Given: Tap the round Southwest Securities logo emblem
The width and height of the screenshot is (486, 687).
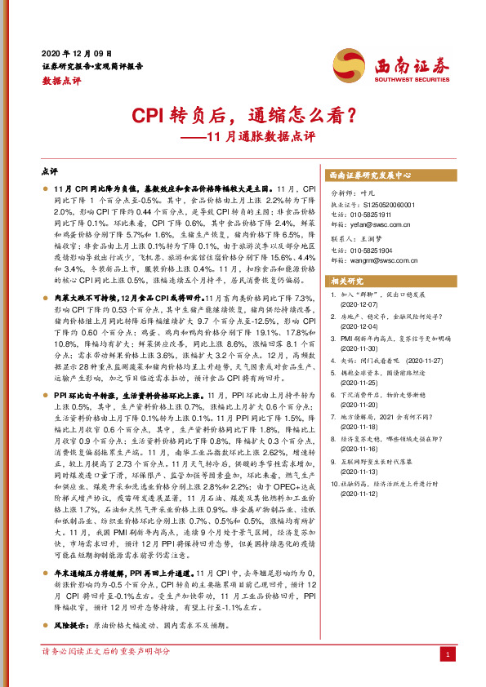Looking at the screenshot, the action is [347, 63].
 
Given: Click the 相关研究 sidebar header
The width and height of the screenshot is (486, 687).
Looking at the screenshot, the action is [346, 281].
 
